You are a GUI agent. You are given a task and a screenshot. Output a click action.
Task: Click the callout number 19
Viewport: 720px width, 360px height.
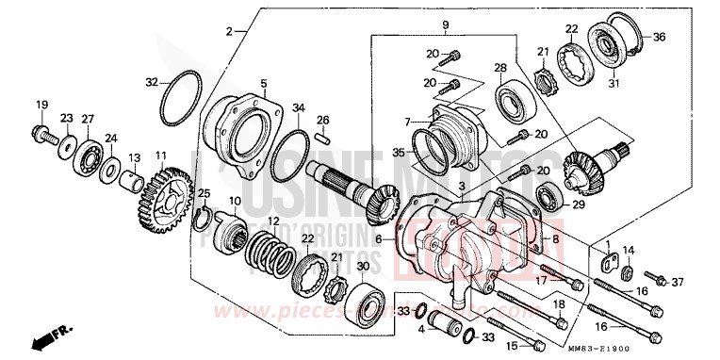pyautogui.click(x=41, y=104)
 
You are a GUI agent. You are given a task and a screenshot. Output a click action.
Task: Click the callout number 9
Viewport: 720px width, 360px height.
pyautogui.click(x=446, y=22)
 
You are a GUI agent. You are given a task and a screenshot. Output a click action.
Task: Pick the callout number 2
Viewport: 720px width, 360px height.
pyautogui.click(x=228, y=31)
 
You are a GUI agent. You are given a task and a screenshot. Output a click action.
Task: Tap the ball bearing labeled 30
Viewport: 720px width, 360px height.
pyautogui.click(x=366, y=298)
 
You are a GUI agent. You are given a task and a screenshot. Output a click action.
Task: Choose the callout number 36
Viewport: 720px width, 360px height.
pyautogui.click(x=659, y=38)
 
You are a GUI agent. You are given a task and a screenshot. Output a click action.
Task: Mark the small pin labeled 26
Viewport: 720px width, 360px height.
pyautogui.click(x=322, y=137)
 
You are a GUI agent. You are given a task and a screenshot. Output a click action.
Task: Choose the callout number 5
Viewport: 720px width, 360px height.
pyautogui.click(x=264, y=83)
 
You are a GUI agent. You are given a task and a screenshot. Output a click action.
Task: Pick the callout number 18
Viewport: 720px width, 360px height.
pyautogui.click(x=559, y=303)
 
